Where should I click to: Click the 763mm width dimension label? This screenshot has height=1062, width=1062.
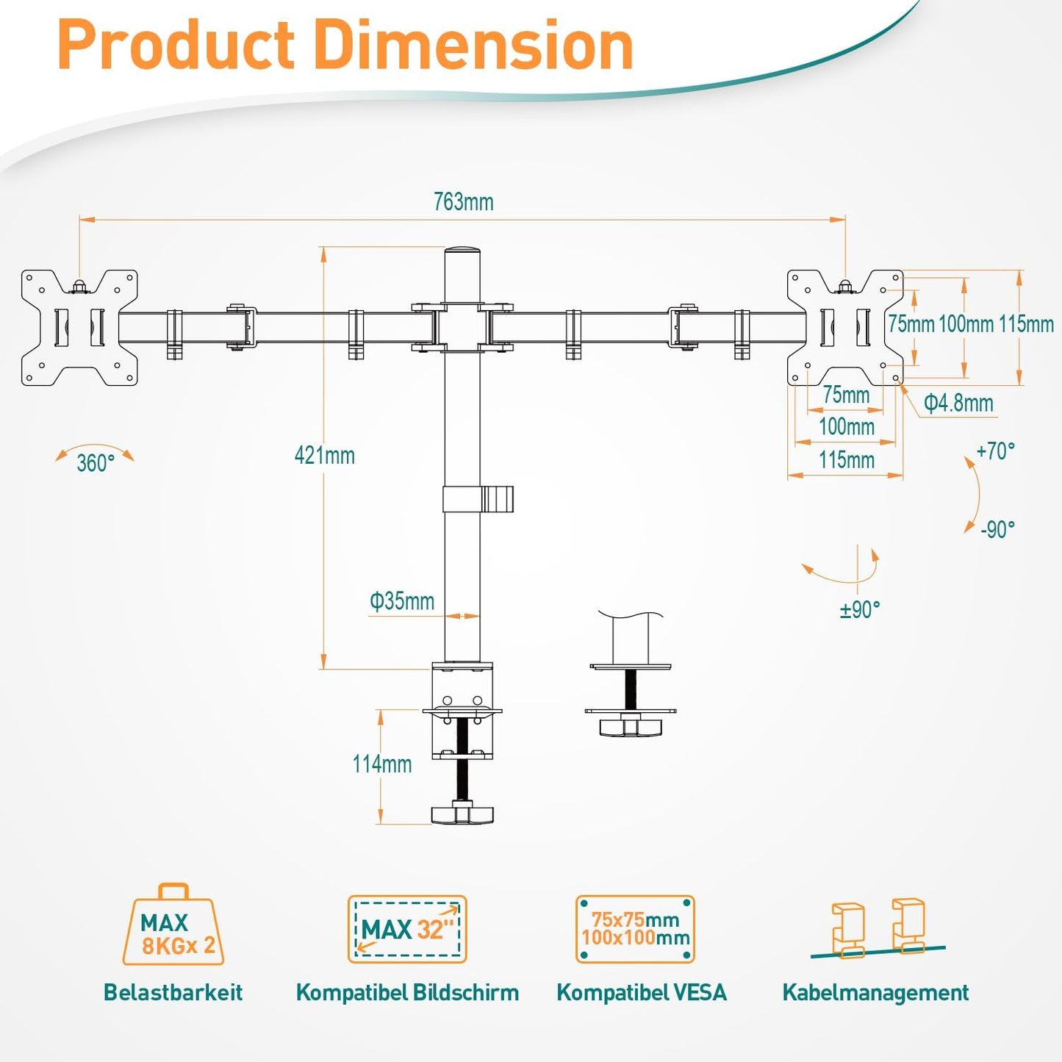[463, 201]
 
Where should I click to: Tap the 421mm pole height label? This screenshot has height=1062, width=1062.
[324, 456]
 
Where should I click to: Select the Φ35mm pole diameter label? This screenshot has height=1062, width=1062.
[401, 601]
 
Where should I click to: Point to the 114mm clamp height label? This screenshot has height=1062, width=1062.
[381, 764]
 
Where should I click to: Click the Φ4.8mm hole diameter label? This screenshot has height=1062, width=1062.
[958, 403]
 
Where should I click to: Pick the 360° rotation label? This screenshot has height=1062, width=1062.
[96, 463]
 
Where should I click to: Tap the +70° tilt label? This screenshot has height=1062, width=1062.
[995, 451]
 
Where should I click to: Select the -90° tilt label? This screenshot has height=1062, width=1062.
[997, 529]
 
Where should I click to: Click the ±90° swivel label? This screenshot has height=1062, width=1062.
[859, 609]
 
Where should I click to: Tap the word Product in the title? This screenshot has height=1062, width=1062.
[176, 46]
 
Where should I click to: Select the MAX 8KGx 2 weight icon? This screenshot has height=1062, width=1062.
[173, 927]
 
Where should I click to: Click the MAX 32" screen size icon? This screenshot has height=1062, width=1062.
[407, 929]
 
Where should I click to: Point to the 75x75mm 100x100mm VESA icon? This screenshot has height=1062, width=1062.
[635, 929]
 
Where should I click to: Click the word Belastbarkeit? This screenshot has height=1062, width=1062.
[173, 992]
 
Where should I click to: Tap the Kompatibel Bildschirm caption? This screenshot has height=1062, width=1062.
[407, 992]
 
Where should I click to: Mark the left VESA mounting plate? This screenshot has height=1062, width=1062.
[79, 327]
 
